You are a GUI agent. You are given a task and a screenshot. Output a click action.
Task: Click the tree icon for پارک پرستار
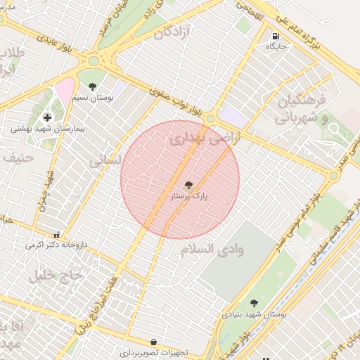pos(188,185)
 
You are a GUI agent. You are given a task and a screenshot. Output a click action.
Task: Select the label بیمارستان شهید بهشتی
pos(39,129)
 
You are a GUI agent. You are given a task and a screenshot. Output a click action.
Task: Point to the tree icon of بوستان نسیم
pos(92,86)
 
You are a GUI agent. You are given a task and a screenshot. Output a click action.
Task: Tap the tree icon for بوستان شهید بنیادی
pos(254,304)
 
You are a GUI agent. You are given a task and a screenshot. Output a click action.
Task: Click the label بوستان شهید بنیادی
pos(254,316)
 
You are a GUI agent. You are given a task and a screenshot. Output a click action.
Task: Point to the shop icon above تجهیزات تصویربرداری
pos(153,342)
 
